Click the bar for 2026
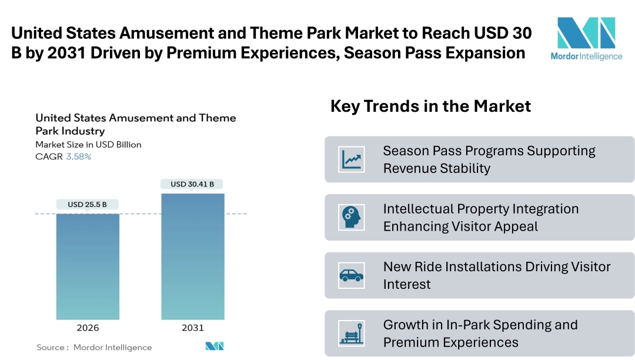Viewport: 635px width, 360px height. click(x=88, y=266)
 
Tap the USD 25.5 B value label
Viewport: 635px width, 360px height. click(x=88, y=205)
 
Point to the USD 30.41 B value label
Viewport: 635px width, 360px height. click(x=193, y=184)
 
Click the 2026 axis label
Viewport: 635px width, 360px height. click(x=88, y=328)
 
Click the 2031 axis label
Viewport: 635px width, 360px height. click(x=193, y=328)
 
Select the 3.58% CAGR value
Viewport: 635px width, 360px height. click(x=78, y=156)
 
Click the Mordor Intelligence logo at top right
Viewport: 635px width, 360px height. click(x=586, y=38)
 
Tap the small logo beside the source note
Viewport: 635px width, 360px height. click(x=215, y=346)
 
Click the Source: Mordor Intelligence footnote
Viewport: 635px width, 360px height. click(x=94, y=347)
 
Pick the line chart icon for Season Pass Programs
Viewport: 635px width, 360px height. click(x=352, y=159)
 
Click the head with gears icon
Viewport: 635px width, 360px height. click(x=352, y=218)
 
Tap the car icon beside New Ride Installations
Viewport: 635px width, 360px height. click(x=352, y=275)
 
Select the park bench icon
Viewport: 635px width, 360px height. click(x=352, y=334)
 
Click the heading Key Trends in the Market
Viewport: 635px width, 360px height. click(x=430, y=106)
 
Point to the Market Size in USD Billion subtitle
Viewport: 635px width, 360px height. click(x=88, y=144)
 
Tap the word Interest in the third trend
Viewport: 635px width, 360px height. click(x=407, y=284)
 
